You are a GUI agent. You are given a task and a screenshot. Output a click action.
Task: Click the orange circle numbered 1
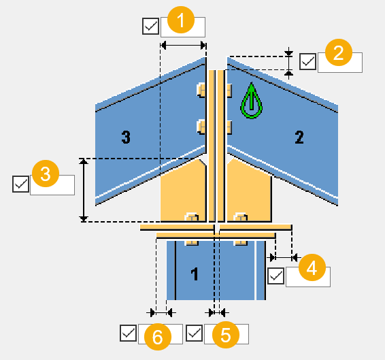[180, 21]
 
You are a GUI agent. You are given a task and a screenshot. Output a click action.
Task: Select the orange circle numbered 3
[46, 175]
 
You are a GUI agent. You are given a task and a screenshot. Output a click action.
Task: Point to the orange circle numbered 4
[312, 267]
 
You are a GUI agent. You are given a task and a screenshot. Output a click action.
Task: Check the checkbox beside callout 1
[150, 27]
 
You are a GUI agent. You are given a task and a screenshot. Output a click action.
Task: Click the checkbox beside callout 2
[308, 61]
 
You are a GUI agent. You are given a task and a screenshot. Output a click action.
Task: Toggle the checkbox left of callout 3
[20, 184]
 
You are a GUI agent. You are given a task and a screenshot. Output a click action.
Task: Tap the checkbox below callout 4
[275, 276]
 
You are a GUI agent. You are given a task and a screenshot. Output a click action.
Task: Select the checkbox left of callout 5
[194, 333]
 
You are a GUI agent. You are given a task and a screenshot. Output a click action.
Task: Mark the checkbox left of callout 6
[128, 333]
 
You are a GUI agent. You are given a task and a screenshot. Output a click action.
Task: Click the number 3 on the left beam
[125, 137]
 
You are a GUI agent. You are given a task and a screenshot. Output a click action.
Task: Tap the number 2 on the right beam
[299, 137]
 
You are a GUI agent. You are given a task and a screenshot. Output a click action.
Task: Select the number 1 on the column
[195, 275]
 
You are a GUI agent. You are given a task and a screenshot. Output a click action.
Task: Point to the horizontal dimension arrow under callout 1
[182, 44]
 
